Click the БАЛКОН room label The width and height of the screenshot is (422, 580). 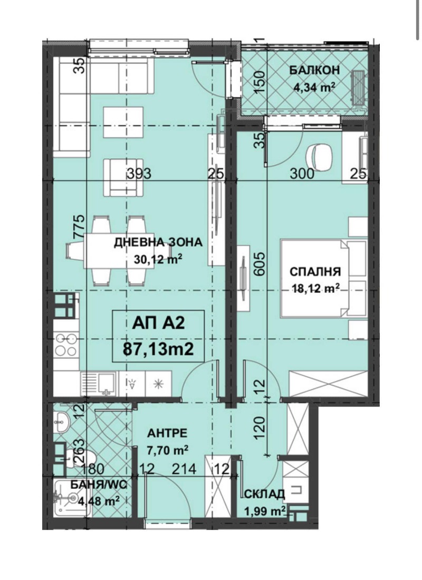point(314,70)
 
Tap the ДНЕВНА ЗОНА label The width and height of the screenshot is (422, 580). point(158,243)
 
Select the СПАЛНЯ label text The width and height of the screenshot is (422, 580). point(315,272)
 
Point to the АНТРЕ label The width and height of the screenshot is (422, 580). point(168,433)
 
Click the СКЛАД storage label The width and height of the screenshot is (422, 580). point(264,494)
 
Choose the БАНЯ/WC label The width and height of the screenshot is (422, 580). point(99,485)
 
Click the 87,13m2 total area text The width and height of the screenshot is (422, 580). point(158,348)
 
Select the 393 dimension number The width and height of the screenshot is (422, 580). point(139,173)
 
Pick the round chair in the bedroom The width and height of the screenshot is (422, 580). point(319,157)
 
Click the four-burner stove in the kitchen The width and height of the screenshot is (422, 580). point(66,345)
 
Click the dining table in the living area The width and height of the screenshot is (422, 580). point(116,251)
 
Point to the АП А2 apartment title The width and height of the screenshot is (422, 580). point(158,324)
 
